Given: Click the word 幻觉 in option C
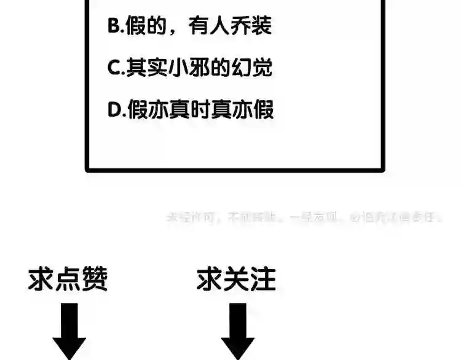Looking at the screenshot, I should [x=252, y=68].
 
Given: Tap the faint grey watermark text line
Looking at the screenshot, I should [x=304, y=217].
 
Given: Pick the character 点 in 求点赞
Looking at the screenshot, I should [x=68, y=280].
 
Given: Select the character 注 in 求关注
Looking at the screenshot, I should [x=263, y=280].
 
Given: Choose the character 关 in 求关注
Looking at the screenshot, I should [x=237, y=280].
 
